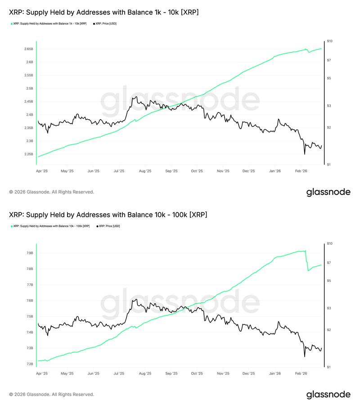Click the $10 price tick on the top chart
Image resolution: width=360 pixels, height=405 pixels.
click(x=330, y=41)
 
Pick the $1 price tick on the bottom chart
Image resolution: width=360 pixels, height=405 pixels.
click(x=329, y=367)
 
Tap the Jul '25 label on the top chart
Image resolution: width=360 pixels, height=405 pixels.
click(x=120, y=171)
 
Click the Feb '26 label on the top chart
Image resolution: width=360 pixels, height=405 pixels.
click(x=301, y=171)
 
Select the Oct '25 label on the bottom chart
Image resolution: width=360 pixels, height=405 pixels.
click(x=197, y=373)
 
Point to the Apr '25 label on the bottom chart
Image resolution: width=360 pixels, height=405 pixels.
click(x=42, y=373)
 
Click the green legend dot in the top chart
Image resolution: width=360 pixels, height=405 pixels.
click(x=11, y=23)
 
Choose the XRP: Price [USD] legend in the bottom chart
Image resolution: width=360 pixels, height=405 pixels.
click(x=108, y=226)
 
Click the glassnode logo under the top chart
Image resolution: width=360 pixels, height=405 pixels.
click(x=328, y=192)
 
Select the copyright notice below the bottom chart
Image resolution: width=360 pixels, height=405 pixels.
click(x=51, y=394)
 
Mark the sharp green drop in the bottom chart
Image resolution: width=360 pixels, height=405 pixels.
click(x=307, y=261)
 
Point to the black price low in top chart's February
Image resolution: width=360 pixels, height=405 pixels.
click(x=305, y=154)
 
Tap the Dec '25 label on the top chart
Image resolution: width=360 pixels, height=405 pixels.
click(x=249, y=171)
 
